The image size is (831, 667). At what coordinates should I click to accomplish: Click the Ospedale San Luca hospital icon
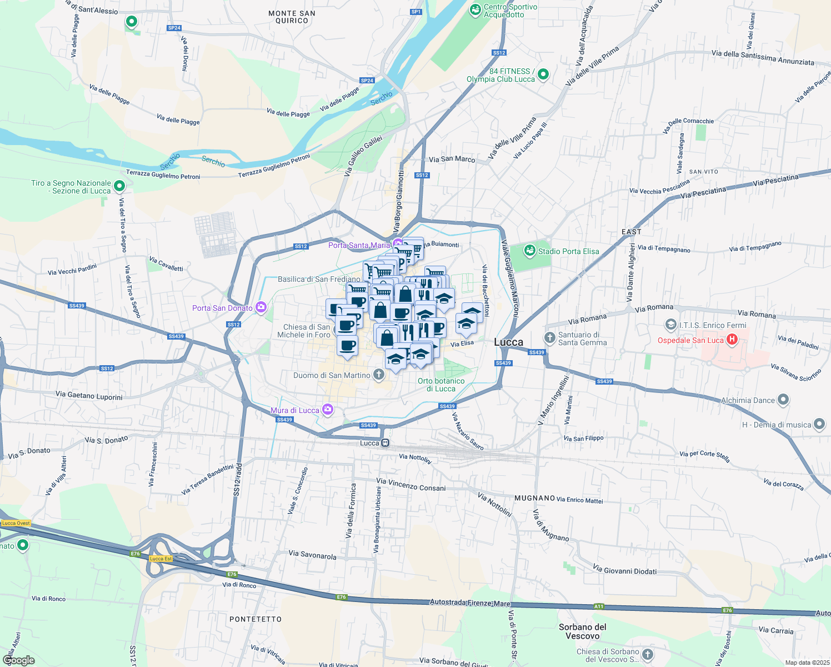click(732, 339)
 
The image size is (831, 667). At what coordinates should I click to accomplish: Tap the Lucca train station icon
click(385, 443)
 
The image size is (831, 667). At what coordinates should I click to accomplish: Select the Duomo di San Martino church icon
click(379, 375)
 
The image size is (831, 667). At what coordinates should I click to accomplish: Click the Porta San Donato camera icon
click(261, 307)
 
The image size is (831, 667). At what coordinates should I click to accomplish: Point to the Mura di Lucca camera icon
click(328, 410)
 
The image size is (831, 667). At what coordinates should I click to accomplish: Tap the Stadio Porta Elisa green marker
click(530, 251)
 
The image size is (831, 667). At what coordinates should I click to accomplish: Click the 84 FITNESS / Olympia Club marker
click(543, 74)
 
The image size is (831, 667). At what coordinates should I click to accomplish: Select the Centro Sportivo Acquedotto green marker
click(475, 9)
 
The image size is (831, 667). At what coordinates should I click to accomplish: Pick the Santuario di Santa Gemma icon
click(549, 338)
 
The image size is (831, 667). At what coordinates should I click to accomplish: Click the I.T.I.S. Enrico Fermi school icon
click(671, 325)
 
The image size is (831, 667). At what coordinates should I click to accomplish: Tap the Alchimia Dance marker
click(783, 399)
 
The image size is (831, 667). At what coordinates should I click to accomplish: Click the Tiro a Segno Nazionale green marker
click(119, 186)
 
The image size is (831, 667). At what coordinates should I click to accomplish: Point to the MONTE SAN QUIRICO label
click(292, 17)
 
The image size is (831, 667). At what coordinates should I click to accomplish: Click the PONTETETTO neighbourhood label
click(256, 619)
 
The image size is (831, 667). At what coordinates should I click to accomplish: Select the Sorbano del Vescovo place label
click(582, 631)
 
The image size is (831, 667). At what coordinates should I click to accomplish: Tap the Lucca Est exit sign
click(161, 559)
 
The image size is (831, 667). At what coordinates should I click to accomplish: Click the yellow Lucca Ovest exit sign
click(16, 523)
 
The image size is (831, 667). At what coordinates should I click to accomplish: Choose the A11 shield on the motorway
click(598, 606)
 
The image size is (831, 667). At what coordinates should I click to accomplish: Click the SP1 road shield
click(416, 12)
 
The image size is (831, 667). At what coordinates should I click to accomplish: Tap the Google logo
click(18, 660)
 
